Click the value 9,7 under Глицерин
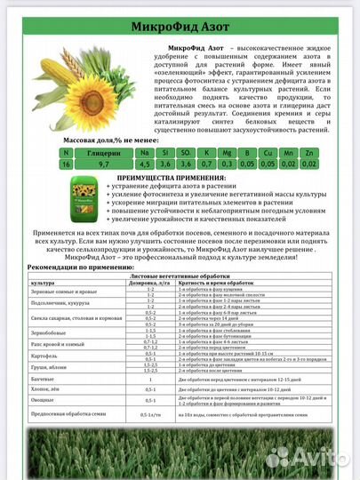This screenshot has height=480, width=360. click(x=104, y=164)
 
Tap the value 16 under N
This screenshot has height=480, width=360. click(x=65, y=164)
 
